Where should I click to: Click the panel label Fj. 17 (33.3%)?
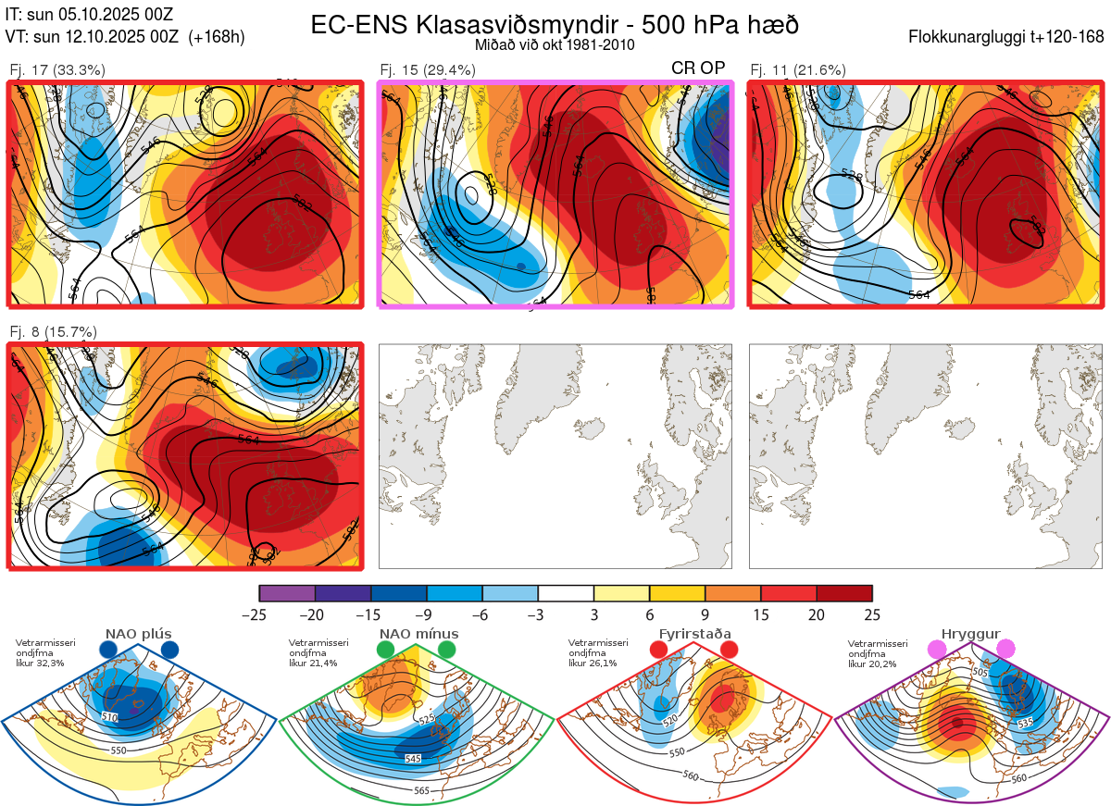[x=57, y=69]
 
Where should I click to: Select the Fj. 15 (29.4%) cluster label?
[x=428, y=69]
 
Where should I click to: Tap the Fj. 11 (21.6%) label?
[x=798, y=69]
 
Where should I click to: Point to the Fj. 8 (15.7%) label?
[x=53, y=331]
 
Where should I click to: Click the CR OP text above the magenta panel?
[x=698, y=68]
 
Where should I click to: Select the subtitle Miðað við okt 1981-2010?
[x=555, y=44]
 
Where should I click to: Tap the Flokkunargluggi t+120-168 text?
[x=1006, y=38]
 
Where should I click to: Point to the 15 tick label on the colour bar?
[x=760, y=614]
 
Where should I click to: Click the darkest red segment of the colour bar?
[x=844, y=593]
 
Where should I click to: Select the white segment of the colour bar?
[x=566, y=593]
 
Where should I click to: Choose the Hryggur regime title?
[x=972, y=634]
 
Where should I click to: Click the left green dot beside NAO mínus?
[x=385, y=651]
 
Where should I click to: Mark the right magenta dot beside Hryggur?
[x=1005, y=651]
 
